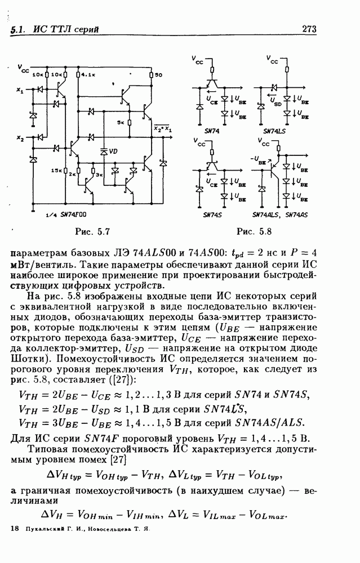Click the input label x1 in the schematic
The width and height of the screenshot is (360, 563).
point(20,90)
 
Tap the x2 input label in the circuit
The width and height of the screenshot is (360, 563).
point(20,138)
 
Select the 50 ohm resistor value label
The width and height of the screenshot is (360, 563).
point(159,75)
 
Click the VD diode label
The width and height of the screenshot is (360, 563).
point(114,151)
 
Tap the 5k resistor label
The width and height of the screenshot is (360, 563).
point(121,122)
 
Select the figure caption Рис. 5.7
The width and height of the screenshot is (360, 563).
point(92,231)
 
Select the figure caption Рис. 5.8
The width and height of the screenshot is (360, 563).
point(255,231)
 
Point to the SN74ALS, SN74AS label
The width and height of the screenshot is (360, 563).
point(279,215)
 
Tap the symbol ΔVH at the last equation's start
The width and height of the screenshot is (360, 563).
point(52,515)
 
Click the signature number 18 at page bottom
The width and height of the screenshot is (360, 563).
point(15,530)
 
